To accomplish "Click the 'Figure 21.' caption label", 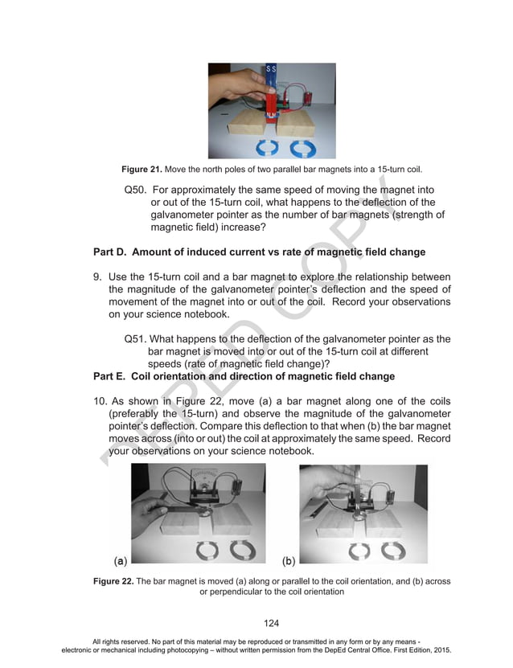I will click(142, 170).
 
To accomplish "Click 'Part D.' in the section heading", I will click(112, 252).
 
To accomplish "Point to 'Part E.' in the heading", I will click(112, 375).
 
